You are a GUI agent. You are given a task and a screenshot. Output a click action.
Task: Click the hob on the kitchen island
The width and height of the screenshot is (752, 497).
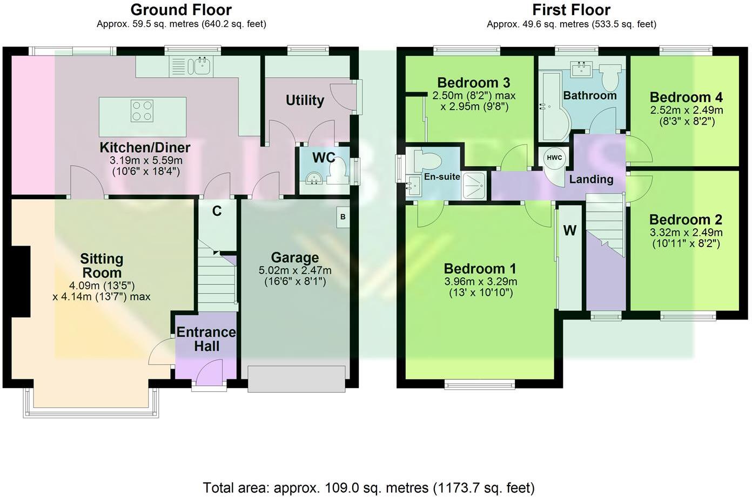(x=142, y=111)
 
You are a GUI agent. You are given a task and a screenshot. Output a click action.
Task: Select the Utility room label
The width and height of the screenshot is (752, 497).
(x=305, y=100)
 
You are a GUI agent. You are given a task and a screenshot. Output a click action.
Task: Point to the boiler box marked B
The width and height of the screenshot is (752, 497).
(x=343, y=217)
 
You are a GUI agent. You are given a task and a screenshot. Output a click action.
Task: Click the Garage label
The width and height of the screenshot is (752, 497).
(x=295, y=257)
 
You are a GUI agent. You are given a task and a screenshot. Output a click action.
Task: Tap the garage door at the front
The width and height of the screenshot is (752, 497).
(x=296, y=379)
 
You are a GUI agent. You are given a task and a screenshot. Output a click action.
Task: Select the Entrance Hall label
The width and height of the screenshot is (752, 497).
(x=206, y=339)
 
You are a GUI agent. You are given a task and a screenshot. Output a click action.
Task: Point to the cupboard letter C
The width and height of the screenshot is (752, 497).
(x=217, y=211)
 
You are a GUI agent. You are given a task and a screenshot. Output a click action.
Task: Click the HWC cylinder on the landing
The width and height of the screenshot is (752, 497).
(x=554, y=158)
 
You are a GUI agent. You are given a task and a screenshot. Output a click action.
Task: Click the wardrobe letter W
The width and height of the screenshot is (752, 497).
(x=569, y=231)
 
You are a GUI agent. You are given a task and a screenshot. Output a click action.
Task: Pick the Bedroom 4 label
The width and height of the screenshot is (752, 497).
(x=686, y=97)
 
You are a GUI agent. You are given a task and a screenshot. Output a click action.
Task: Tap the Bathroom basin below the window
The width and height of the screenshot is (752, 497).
(x=581, y=68)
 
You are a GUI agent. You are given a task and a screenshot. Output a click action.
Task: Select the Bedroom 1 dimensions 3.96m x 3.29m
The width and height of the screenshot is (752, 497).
(x=480, y=282)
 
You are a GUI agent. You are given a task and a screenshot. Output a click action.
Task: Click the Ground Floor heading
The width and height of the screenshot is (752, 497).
(x=181, y=10)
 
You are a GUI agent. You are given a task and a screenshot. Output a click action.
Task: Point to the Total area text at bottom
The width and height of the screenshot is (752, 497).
(x=368, y=488)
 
